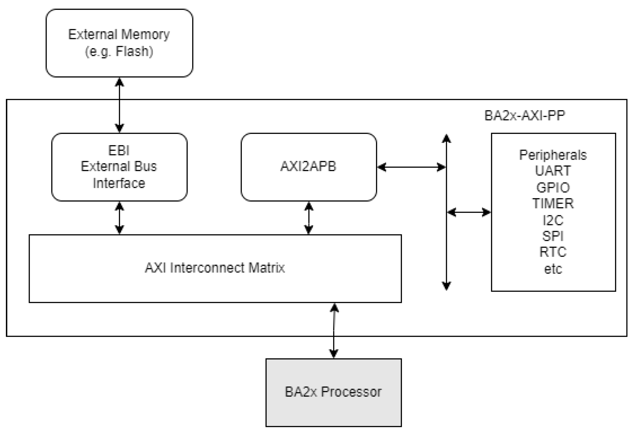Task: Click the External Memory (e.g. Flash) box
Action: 119,43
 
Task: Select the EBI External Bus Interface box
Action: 119,167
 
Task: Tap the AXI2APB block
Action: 309,167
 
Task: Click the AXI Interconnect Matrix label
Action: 215,268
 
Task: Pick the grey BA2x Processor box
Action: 333,392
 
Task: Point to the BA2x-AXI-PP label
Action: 525,116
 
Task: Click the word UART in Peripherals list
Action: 553,171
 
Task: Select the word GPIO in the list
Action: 553,188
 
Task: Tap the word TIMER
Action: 553,204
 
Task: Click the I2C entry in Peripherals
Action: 553,220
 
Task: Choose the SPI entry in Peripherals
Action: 553,236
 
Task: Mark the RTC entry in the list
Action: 553,252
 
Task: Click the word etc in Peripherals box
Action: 553,269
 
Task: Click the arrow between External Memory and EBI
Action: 119,105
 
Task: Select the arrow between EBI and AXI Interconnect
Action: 119,218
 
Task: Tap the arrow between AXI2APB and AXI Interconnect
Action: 309,218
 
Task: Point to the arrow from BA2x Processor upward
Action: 334,330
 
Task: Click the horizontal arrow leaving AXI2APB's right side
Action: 412,167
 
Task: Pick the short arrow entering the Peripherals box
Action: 469,212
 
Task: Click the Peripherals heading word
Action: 553,155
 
